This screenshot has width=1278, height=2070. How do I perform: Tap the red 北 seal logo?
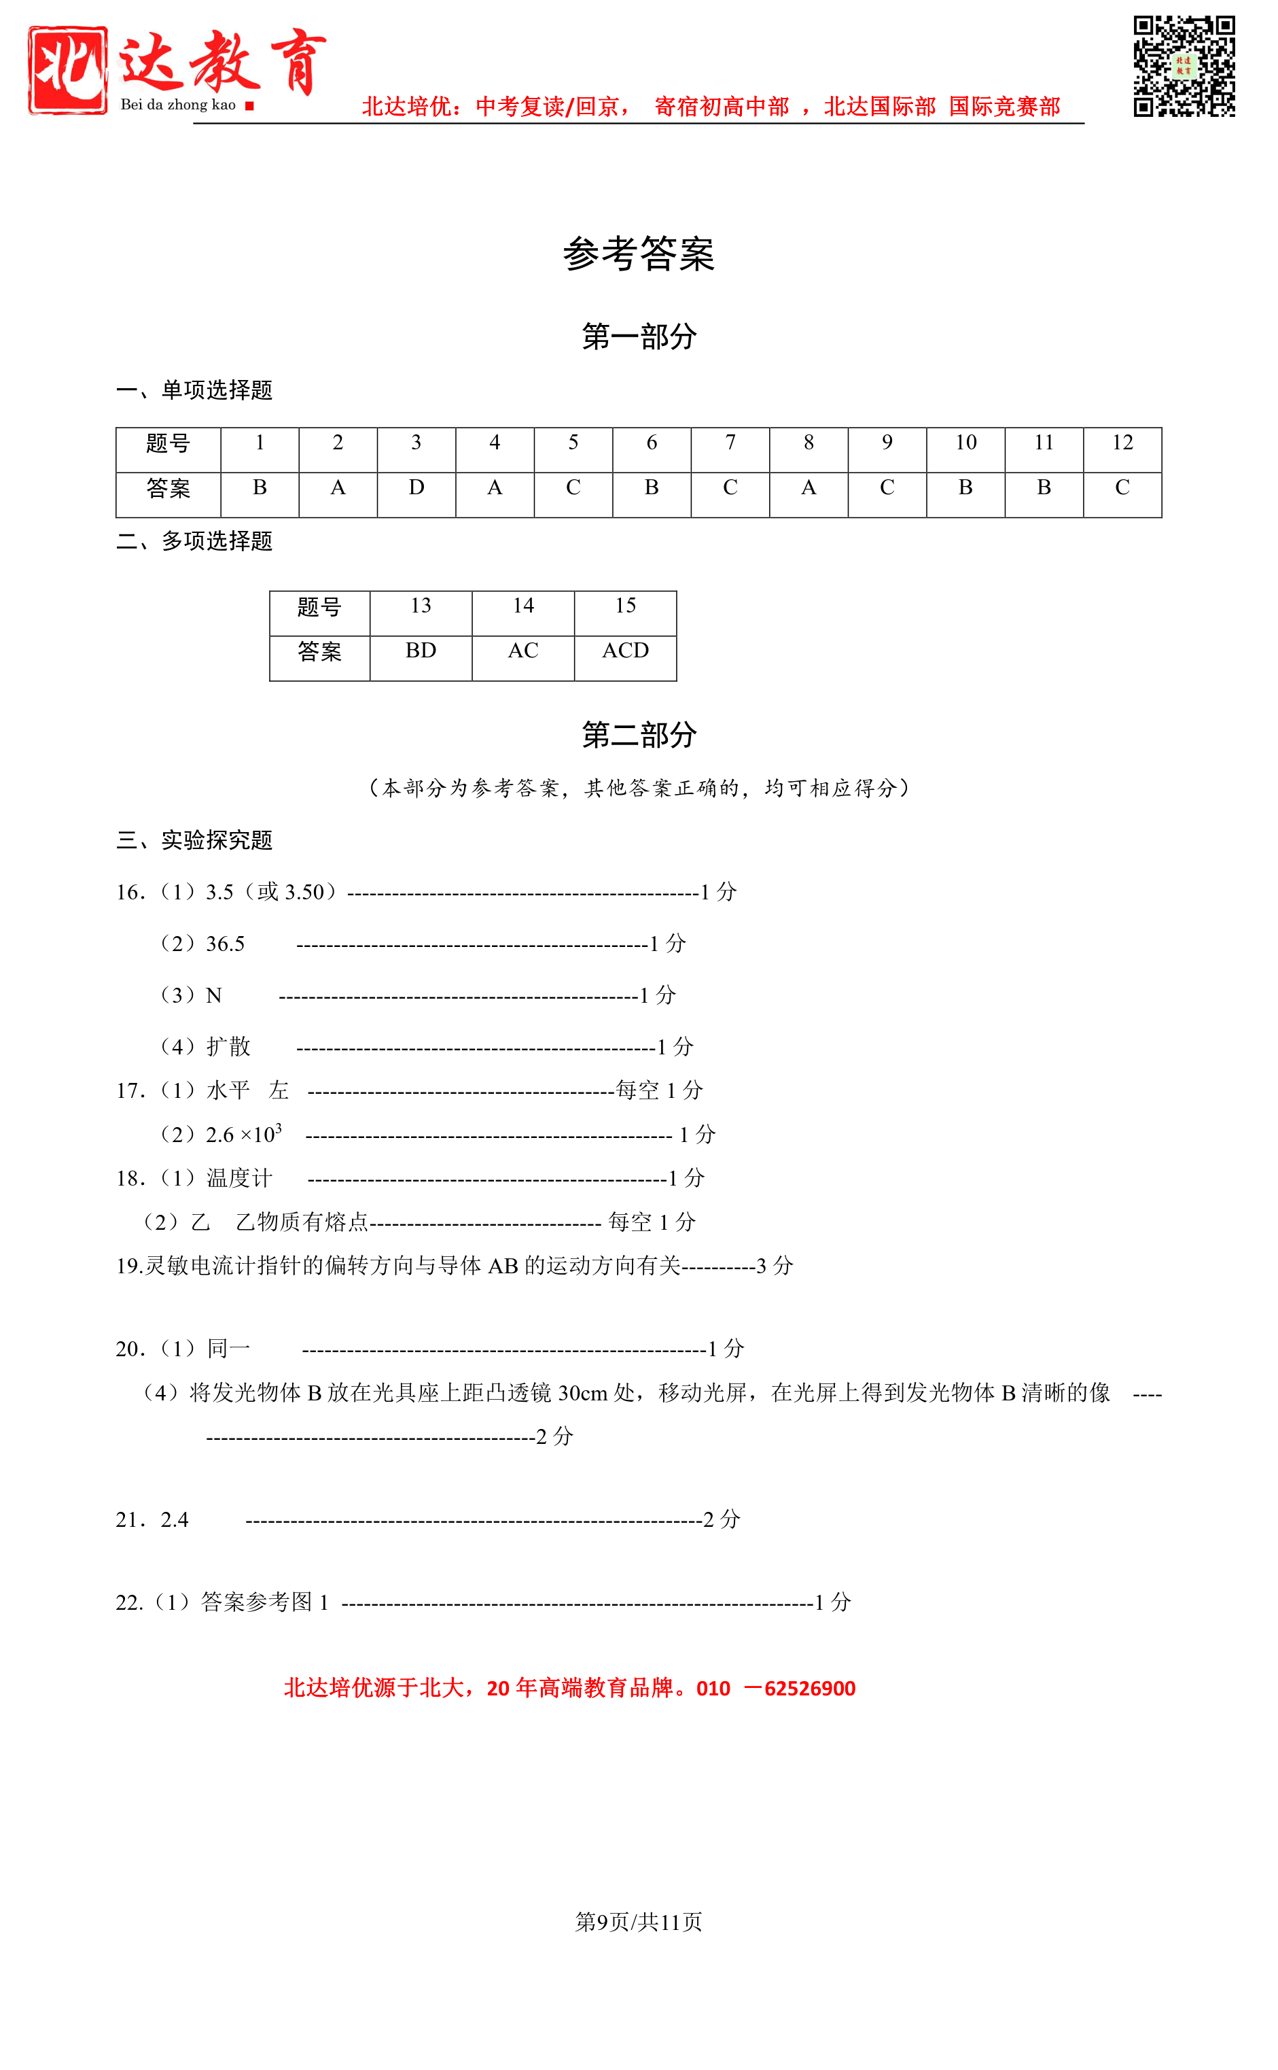pyautogui.click(x=68, y=69)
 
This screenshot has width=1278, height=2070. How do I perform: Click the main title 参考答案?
pyautogui.click(x=638, y=254)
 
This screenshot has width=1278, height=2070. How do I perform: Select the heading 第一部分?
pyautogui.click(x=638, y=337)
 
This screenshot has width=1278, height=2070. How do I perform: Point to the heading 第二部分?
pyautogui.click(x=638, y=734)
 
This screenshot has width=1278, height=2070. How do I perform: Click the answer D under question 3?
pyautogui.click(x=416, y=488)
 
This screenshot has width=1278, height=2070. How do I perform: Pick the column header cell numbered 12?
pyautogui.click(x=1122, y=443)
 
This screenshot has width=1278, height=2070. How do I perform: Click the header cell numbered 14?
pyautogui.click(x=522, y=606)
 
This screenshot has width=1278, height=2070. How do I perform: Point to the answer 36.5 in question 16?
pyautogui.click(x=225, y=944)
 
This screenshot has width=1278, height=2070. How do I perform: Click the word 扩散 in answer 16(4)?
pyautogui.click(x=228, y=1047)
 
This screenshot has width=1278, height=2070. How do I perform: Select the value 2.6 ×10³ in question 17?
pyautogui.click(x=243, y=1134)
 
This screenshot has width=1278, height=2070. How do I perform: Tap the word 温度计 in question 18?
pyautogui.click(x=239, y=1178)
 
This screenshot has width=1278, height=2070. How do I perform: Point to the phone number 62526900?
pyautogui.click(x=809, y=1689)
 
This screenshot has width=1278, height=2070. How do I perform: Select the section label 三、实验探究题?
pyautogui.click(x=194, y=840)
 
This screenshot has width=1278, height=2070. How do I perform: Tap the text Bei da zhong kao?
pyautogui.click(x=178, y=105)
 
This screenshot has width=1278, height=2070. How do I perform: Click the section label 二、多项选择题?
pyautogui.click(x=194, y=541)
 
